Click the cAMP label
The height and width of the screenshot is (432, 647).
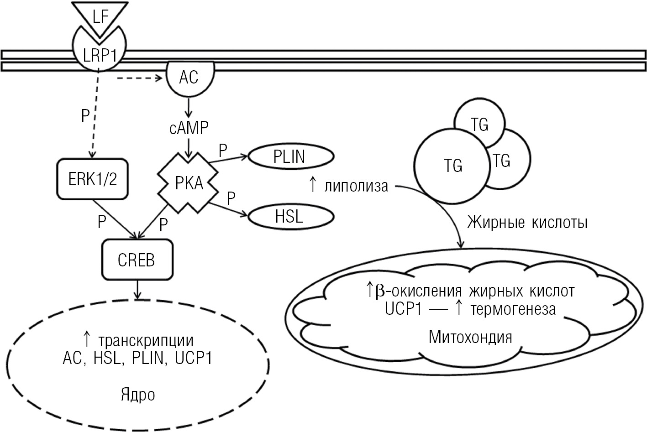[x=189, y=128]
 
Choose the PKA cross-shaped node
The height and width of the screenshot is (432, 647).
[x=189, y=184]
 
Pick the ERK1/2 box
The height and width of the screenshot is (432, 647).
[x=93, y=179]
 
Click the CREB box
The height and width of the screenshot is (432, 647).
[x=137, y=260]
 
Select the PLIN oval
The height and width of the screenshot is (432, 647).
[x=289, y=156]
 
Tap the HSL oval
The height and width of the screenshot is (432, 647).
[x=289, y=216]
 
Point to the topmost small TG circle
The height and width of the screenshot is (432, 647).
[x=479, y=124]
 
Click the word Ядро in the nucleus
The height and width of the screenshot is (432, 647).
[x=137, y=395]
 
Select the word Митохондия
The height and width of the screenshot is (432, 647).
[x=470, y=337]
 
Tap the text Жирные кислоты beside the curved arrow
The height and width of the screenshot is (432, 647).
[x=527, y=223]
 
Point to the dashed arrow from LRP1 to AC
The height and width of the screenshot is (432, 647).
[x=139, y=78]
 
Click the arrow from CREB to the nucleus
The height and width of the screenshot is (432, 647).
[x=137, y=290]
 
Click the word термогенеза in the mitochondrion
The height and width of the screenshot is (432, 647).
[x=513, y=309]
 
